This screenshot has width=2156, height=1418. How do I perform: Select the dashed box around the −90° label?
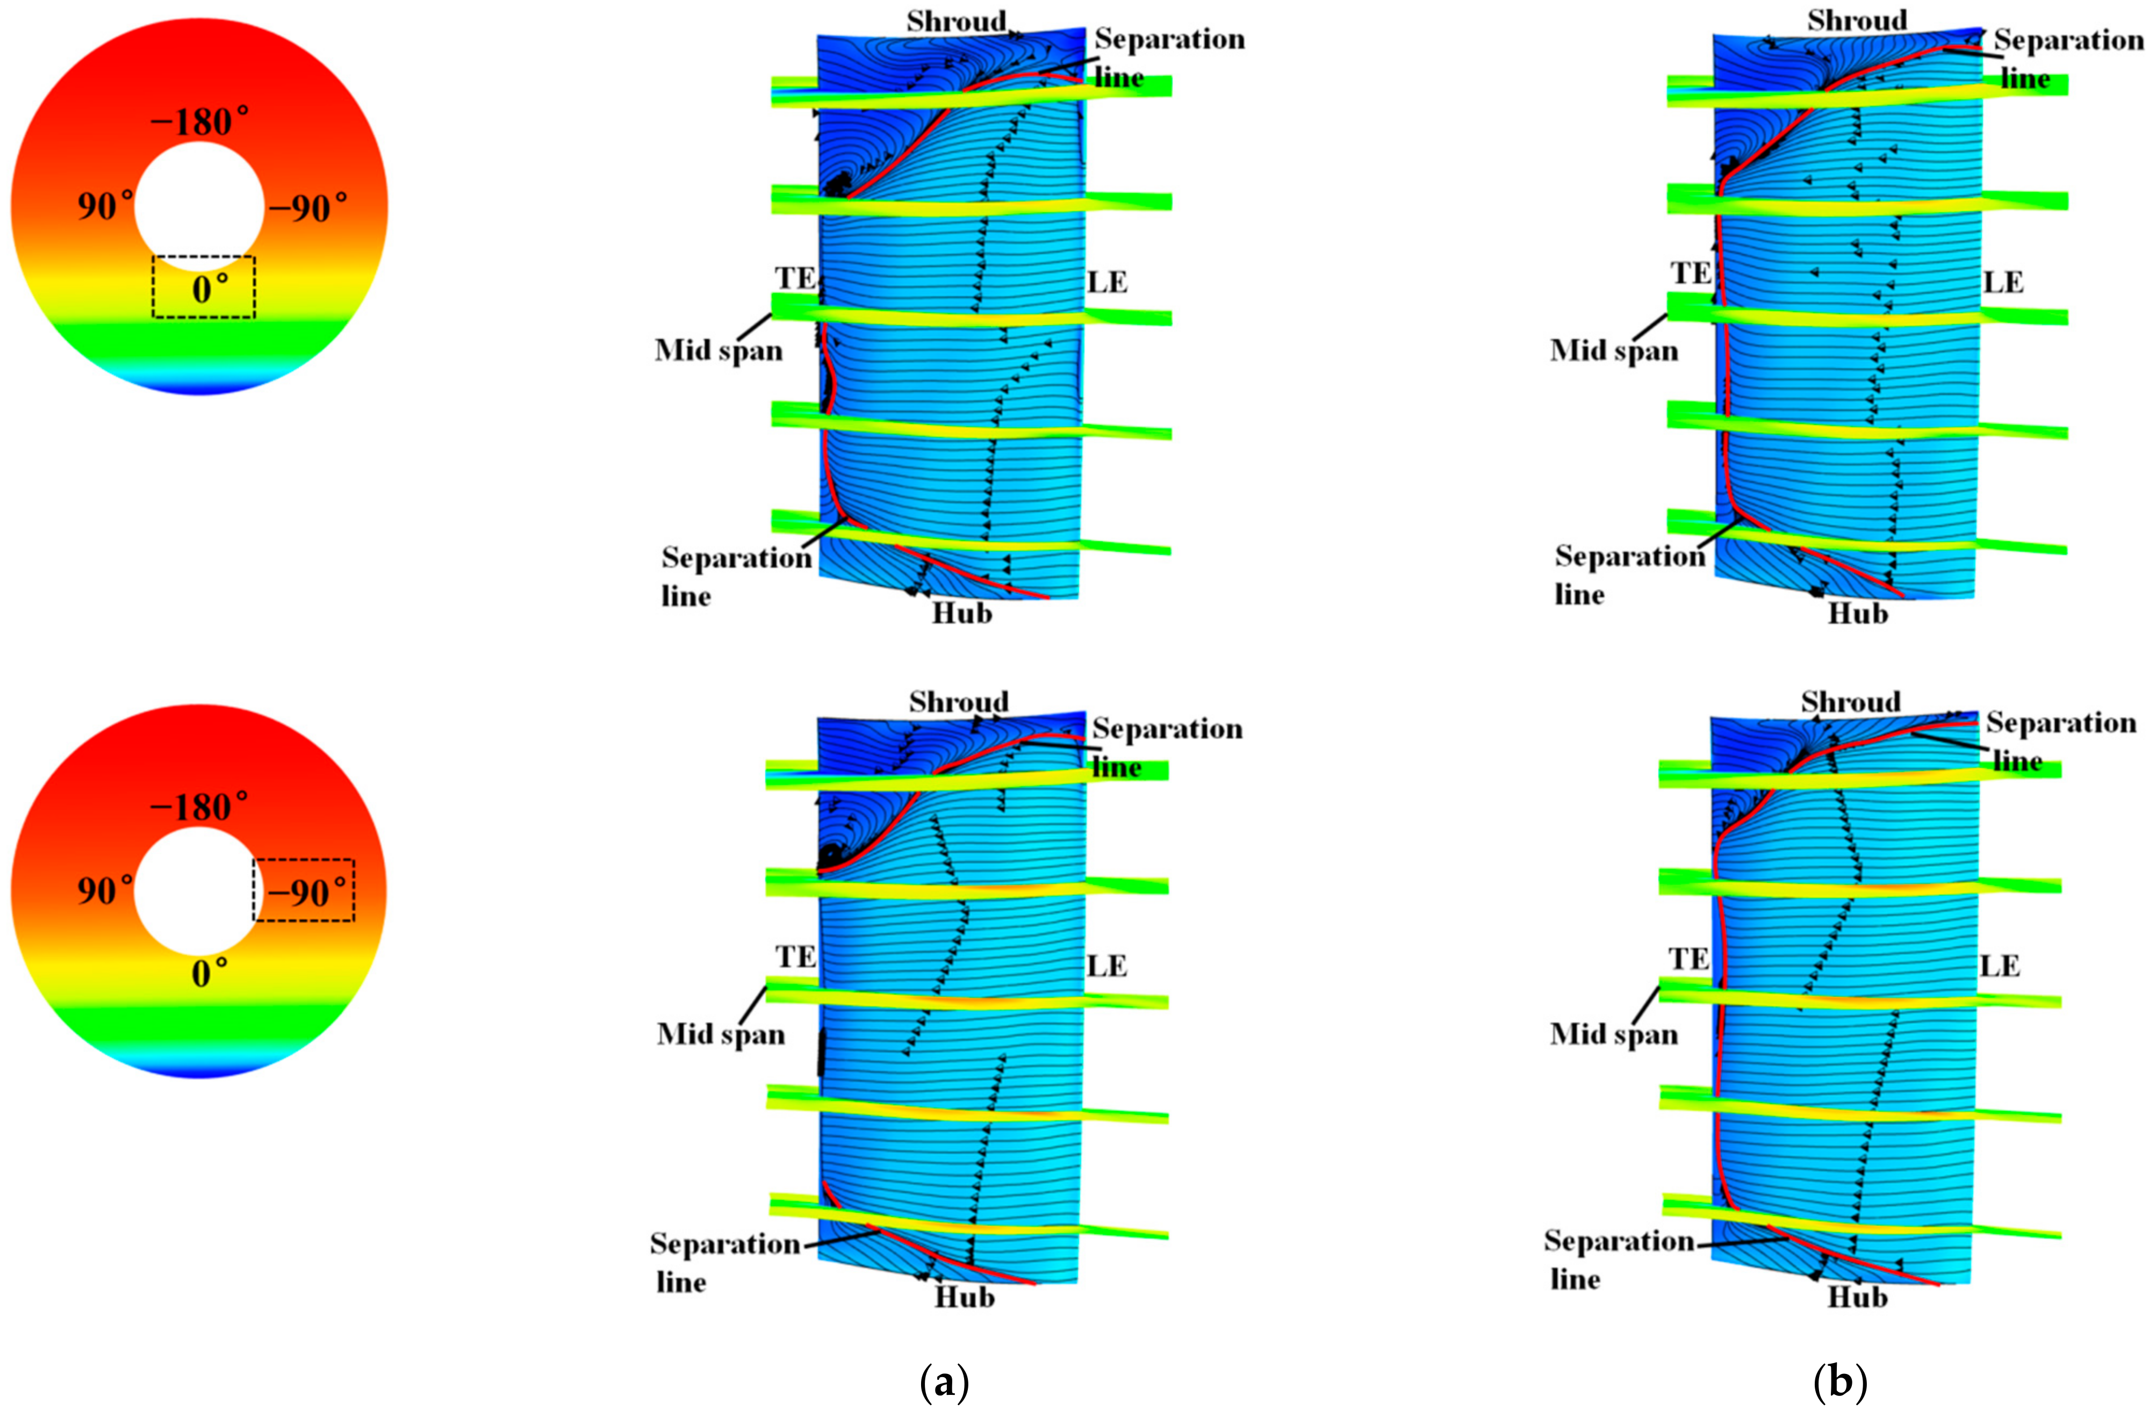tap(304, 890)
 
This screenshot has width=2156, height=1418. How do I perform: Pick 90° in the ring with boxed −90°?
tap(105, 890)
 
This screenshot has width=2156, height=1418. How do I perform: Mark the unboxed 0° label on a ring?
tap(209, 974)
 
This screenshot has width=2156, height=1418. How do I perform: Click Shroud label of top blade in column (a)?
tap(957, 21)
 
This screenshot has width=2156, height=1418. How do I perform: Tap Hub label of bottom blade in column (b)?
tap(1857, 1297)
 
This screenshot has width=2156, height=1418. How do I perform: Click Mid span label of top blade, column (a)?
tap(719, 350)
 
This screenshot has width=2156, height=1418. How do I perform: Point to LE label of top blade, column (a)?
tap(1107, 283)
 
